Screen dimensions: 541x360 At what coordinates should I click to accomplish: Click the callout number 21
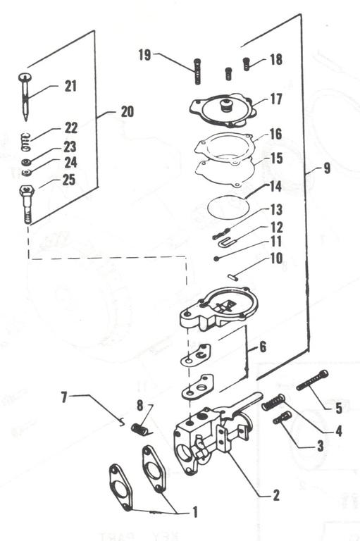pyautogui.click(x=70, y=87)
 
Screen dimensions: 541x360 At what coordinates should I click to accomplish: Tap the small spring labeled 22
pyautogui.click(x=25, y=140)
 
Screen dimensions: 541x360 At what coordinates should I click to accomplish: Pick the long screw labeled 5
pyautogui.click(x=313, y=380)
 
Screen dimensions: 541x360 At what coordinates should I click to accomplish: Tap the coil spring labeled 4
pyautogui.click(x=273, y=403)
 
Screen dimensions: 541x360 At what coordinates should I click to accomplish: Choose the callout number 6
pyautogui.click(x=262, y=347)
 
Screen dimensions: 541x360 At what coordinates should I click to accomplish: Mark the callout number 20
pyautogui.click(x=126, y=111)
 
